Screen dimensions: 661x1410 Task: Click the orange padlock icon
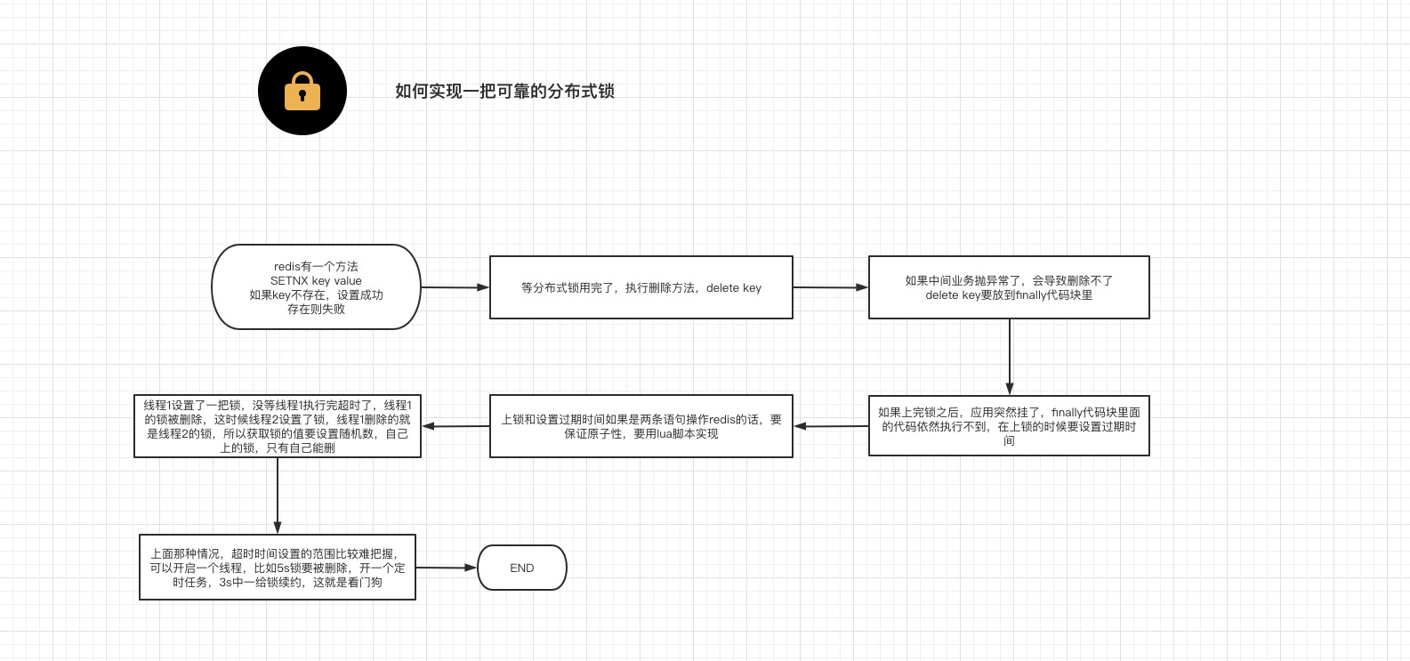[x=302, y=91]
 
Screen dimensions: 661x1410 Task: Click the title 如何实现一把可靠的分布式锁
[x=504, y=91]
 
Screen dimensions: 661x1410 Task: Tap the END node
[x=522, y=568]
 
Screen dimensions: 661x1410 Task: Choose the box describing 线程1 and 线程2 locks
[x=277, y=426]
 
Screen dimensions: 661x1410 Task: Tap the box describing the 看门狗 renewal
[x=277, y=567]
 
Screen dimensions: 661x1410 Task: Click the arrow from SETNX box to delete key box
[x=455, y=287]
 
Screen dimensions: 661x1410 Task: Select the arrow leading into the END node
[x=447, y=567]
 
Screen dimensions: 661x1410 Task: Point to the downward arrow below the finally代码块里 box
[x=1010, y=356]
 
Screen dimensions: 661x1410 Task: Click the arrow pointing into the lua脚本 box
[x=831, y=426]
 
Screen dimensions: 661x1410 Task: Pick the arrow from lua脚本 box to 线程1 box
[x=455, y=426]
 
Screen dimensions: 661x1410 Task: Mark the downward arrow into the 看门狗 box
[x=278, y=496]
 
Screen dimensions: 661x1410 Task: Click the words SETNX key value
[x=316, y=280]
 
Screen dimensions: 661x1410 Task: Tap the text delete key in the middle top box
[x=734, y=287]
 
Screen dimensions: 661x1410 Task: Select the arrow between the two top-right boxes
[x=830, y=287]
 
